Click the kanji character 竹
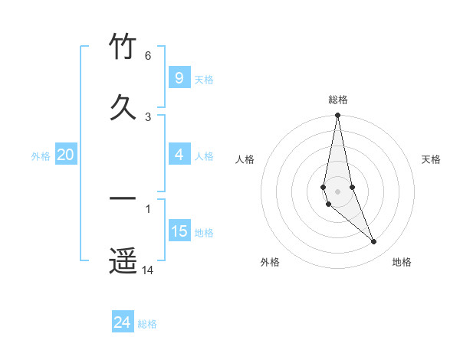123,47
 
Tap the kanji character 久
123,107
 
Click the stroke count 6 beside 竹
148,56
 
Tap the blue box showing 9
179,78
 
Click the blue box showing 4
179,155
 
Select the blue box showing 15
179,231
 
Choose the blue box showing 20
65,155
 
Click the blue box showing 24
122,322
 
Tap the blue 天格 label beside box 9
204,79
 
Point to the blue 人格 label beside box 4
204,155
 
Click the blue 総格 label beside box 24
147,323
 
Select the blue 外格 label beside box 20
41,155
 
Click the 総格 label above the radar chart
337,100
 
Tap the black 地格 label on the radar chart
402,262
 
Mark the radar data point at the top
337,116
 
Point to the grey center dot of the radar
337,191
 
